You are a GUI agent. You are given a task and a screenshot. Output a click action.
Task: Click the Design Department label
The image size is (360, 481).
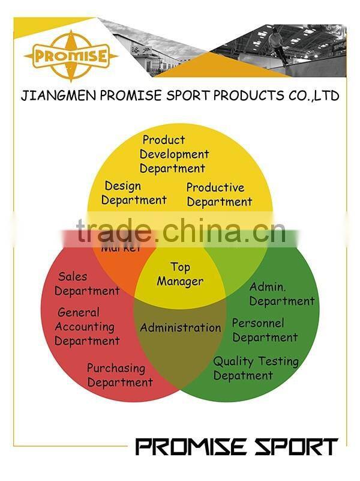(x=133, y=193)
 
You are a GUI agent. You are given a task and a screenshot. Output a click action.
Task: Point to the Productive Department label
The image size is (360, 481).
(x=219, y=195)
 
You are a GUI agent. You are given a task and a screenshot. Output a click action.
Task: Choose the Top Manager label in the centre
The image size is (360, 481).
(x=180, y=274)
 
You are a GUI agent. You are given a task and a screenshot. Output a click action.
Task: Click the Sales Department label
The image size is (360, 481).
(x=87, y=284)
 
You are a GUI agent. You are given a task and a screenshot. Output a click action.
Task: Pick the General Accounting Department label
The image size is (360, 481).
(x=86, y=327)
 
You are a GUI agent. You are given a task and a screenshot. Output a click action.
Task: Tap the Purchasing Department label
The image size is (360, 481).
(x=119, y=375)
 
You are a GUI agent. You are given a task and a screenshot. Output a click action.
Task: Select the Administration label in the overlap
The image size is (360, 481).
(x=181, y=328)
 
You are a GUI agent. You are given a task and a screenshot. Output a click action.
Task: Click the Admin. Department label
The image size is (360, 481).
(x=281, y=294)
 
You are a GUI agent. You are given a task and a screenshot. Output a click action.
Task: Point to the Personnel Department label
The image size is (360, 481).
(x=265, y=330)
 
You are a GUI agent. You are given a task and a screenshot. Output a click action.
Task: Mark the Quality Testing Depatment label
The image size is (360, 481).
(x=256, y=368)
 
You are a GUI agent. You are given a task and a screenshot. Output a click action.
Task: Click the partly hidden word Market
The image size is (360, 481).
(x=121, y=247)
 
